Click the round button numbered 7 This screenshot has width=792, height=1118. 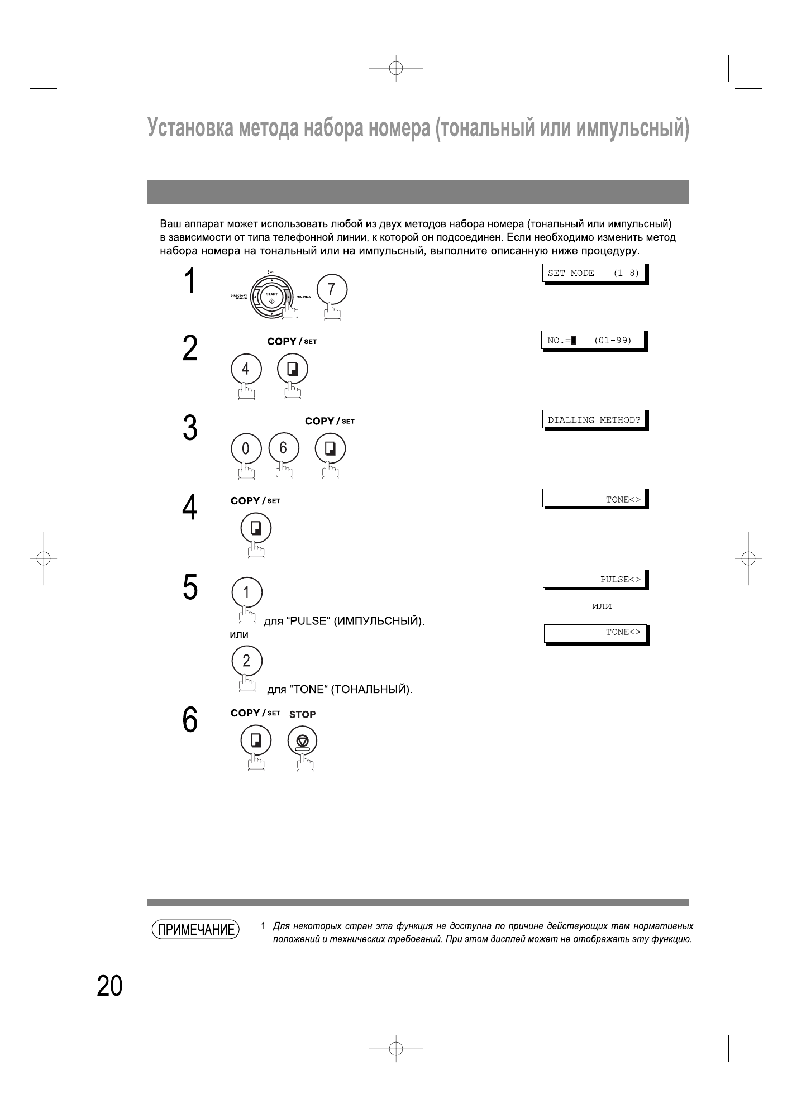point(332,290)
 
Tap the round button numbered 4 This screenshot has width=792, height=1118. point(246,370)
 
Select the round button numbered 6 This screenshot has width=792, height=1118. point(283,448)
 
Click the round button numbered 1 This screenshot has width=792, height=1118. point(246,593)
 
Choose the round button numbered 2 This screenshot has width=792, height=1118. point(246,661)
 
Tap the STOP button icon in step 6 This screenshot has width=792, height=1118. point(302,742)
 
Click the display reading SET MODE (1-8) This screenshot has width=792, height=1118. point(594,274)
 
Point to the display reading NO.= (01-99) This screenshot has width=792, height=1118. point(593,341)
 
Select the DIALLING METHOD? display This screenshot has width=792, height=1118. point(594,420)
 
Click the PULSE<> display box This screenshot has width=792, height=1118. point(594,579)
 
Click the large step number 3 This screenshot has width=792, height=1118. point(190,428)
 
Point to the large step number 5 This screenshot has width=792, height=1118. point(190,588)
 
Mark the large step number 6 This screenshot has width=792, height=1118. point(190,720)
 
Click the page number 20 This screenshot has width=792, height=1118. point(109,986)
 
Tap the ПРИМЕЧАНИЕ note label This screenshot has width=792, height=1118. point(195,930)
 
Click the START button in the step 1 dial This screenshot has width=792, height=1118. point(271,298)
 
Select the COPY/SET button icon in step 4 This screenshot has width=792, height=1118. point(256,528)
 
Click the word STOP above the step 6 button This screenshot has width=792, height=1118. point(302,714)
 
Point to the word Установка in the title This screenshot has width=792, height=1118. point(189,128)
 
